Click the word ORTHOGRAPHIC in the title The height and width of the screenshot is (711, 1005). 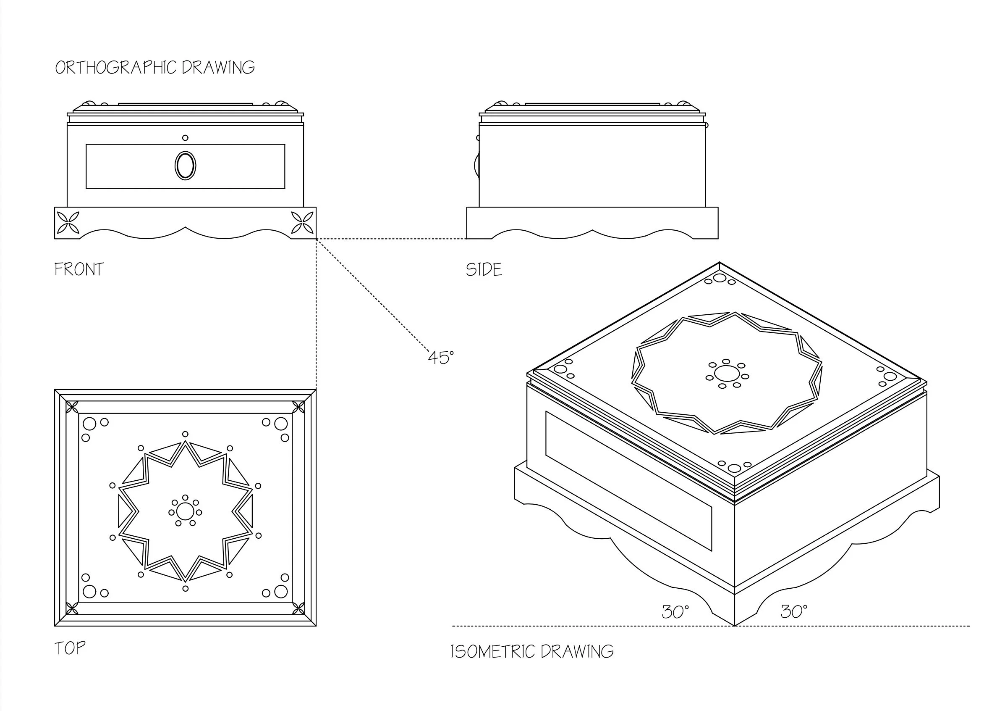point(116,68)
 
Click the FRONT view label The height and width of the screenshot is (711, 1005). point(79,269)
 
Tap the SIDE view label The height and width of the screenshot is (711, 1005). point(484,269)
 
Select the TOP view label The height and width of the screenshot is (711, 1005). point(70,648)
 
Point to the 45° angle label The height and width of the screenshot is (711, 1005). point(441,358)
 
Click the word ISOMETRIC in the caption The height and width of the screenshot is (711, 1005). point(493,651)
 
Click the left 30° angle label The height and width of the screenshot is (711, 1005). point(675,611)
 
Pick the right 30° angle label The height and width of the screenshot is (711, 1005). point(794,611)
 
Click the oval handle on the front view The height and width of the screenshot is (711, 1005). point(185,166)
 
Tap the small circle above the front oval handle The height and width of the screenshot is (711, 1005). point(185,137)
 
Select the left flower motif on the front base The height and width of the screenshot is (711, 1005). point(68,223)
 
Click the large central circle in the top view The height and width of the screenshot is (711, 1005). point(185,511)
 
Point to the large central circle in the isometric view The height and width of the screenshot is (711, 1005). point(726,374)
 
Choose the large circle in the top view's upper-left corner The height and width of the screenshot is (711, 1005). point(89,424)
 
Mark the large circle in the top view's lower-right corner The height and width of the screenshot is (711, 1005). point(280,591)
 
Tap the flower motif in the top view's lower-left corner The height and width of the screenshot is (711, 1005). point(72,608)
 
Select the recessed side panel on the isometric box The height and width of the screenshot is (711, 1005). point(628,481)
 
